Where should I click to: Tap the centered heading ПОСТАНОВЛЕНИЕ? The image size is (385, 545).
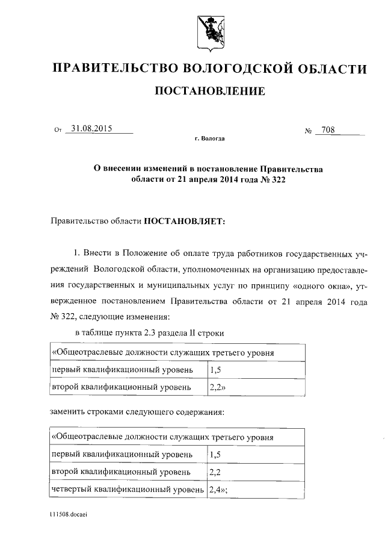coord(210,92)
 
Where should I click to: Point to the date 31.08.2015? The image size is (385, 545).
coord(91,128)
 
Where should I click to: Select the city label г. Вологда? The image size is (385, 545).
coord(210,139)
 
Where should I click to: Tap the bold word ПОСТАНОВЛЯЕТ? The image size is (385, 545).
coord(184,221)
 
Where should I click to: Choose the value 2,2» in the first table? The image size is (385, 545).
coord(217,387)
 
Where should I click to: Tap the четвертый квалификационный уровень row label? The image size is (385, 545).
coord(127,490)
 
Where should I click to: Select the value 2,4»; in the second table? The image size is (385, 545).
coord(218,490)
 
